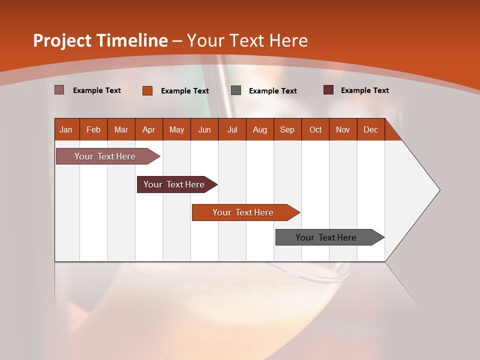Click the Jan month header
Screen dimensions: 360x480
(66, 129)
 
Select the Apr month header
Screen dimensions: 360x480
(148, 129)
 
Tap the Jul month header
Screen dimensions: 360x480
(232, 129)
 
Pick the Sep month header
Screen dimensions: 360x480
(287, 129)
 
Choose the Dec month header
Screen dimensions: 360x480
(370, 129)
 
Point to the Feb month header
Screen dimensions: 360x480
(93, 129)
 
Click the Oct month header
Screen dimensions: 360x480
(315, 129)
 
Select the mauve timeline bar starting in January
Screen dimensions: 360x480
(105, 156)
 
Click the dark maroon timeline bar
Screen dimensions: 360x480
(174, 184)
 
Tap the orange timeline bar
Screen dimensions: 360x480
(243, 212)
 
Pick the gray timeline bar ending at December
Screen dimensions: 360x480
(326, 237)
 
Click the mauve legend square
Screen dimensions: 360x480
(59, 90)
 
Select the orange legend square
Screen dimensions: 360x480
(147, 90)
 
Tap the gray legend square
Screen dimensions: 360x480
(236, 90)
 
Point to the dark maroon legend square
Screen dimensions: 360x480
(328, 90)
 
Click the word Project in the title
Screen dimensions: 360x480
(62, 40)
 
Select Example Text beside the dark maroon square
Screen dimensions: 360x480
(364, 90)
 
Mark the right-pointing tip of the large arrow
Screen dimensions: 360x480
(438, 190)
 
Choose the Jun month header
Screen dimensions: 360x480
(204, 129)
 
